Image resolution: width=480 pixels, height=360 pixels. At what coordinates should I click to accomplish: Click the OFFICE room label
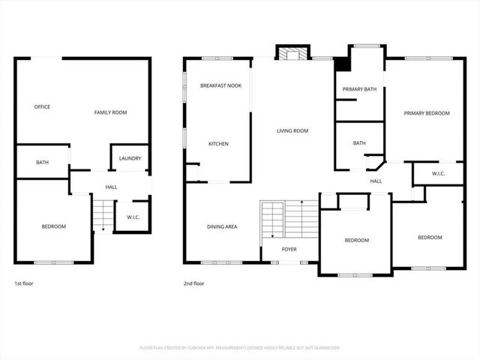42,106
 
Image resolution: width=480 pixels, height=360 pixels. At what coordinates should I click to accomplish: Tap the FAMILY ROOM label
110,112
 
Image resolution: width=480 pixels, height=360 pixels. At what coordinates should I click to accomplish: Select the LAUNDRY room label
130,158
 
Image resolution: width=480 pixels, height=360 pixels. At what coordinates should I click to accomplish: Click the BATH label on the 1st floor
42,162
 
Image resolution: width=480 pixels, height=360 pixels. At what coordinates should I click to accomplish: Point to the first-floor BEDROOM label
53,226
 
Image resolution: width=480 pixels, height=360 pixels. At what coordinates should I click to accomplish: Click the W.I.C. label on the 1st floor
133,217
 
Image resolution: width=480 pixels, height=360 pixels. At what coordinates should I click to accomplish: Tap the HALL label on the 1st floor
111,187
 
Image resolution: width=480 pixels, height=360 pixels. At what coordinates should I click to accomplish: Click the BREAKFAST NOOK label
220,86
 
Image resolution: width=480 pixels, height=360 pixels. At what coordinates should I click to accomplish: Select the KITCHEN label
218,143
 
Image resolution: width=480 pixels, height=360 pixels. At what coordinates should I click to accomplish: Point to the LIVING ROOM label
292,130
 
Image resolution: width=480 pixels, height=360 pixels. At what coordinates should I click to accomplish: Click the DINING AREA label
222,226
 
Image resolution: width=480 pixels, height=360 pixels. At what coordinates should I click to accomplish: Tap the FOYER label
289,250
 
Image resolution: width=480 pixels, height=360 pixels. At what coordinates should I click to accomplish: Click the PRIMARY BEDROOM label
426,112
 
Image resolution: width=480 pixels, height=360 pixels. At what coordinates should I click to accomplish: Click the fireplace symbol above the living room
292,52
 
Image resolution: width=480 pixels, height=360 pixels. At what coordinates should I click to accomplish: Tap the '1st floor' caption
24,283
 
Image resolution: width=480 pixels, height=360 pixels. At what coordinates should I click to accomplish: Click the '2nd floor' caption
193,283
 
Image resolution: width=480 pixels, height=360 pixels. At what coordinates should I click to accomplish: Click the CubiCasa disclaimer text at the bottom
240,348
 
